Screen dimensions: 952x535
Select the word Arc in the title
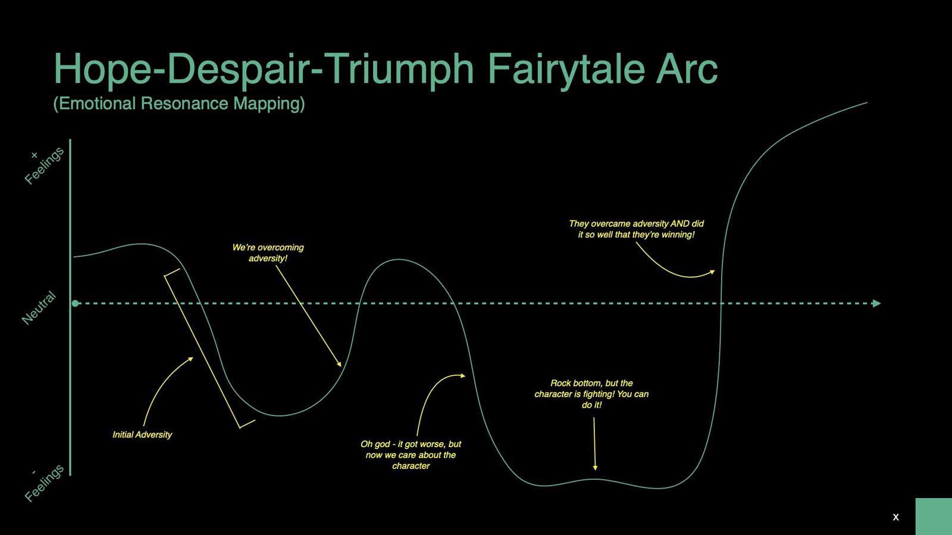(x=687, y=69)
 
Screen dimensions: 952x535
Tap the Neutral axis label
(x=39, y=308)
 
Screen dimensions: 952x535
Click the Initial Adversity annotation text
(x=142, y=435)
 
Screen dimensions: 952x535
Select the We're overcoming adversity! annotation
(x=268, y=253)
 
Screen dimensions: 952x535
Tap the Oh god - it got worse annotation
(x=411, y=455)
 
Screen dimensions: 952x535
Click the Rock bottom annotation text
(x=591, y=394)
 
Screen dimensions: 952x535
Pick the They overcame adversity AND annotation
(x=636, y=229)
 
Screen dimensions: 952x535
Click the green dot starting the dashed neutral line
(x=75, y=304)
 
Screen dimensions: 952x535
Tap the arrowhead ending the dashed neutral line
(x=876, y=304)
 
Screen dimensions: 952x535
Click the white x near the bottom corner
(x=896, y=517)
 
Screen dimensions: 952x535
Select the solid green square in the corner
(x=934, y=517)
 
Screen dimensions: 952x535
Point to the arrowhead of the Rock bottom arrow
(x=595, y=467)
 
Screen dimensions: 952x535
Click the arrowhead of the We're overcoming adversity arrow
(x=339, y=363)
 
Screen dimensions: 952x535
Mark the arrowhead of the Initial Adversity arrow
(x=191, y=360)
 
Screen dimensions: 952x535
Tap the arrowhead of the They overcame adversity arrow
(x=712, y=272)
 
